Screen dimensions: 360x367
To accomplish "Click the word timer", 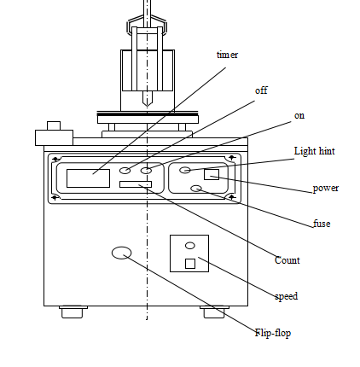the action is pyautogui.click(x=227, y=55).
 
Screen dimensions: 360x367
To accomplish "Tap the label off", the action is pyautogui.click(x=261, y=90).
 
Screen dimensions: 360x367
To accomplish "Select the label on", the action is pyautogui.click(x=299, y=116).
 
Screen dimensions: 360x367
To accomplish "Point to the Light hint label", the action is pyautogui.click(x=314, y=151).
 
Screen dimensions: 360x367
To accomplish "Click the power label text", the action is pyautogui.click(x=326, y=189).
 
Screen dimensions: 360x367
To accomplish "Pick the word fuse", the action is pyautogui.click(x=322, y=224).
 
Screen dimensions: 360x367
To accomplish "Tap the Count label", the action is pyautogui.click(x=287, y=260).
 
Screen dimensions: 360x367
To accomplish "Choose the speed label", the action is pyautogui.click(x=287, y=296).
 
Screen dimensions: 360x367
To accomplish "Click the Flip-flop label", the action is pyautogui.click(x=273, y=333).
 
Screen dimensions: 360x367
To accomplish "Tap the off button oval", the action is pyautogui.click(x=125, y=171).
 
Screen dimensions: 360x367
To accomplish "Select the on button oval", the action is pyautogui.click(x=146, y=171).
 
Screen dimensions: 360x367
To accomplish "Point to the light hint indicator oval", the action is pyautogui.click(x=185, y=170).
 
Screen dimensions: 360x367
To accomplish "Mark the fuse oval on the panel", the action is pyautogui.click(x=196, y=189).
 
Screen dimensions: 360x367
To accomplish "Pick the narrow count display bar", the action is pyautogui.click(x=136, y=184).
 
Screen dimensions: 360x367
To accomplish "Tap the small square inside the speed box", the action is pyautogui.click(x=190, y=264).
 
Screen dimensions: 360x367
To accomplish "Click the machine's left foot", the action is pyautogui.click(x=73, y=312).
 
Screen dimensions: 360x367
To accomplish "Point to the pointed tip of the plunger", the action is pyautogui.click(x=148, y=106).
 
